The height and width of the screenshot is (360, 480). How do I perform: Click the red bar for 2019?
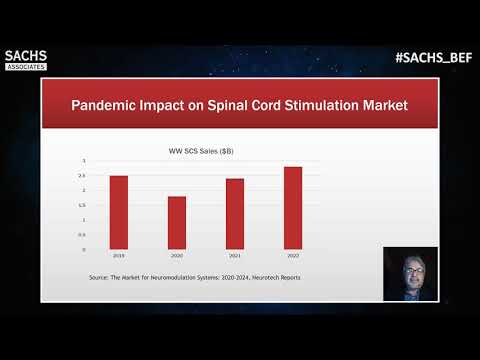tap(119, 212)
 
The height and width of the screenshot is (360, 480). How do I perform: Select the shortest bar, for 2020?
tap(176, 222)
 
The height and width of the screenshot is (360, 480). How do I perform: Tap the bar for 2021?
tap(235, 214)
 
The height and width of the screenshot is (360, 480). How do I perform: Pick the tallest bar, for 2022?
tap(292, 208)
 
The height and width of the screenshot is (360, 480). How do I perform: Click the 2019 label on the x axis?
tap(119, 256)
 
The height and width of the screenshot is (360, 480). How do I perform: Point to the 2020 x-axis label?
tap(176, 256)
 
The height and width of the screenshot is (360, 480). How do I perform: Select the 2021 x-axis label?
tap(235, 256)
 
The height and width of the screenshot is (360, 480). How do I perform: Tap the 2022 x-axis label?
tap(292, 256)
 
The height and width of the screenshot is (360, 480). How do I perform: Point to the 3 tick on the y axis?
tap(85, 161)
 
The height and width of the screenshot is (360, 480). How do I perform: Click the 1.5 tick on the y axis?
tap(84, 205)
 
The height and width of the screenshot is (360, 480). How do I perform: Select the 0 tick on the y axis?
tap(85, 249)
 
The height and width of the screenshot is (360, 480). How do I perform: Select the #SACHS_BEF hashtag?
tap(433, 58)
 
